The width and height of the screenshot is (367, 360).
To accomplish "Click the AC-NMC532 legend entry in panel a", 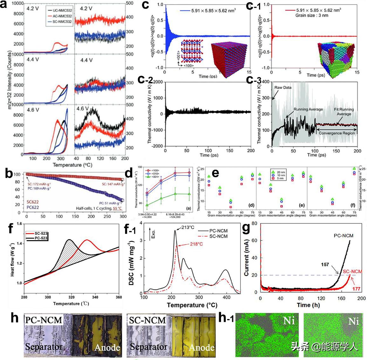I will (63, 16).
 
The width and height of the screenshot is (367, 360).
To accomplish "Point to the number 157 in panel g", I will (325, 264).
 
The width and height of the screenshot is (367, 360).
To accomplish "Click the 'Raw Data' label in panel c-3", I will (282, 87).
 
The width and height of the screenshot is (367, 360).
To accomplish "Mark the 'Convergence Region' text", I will (336, 133).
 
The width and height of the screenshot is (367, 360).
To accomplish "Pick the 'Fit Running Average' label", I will (343, 112).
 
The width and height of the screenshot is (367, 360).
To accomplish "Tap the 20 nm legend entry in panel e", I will (281, 172).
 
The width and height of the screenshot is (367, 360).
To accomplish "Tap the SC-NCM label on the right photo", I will (148, 320).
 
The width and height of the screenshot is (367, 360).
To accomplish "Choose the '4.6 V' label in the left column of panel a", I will (33, 110).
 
